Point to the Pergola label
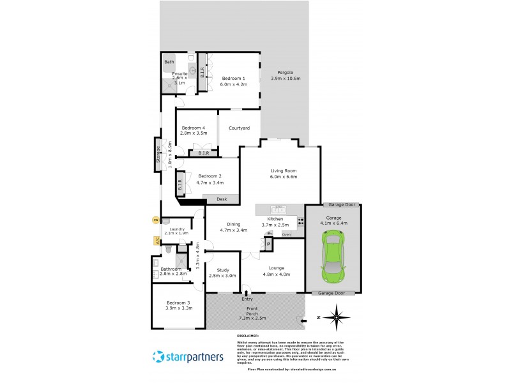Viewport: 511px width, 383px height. (285, 75)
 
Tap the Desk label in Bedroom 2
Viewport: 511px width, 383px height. (222, 199)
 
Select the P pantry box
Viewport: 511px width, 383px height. (269, 244)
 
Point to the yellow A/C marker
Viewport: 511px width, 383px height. (156, 241)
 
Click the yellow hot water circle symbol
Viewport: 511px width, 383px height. (155, 220)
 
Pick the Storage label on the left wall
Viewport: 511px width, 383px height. (158, 156)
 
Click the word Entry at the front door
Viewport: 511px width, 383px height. (247, 299)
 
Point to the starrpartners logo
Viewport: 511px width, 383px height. (188, 356)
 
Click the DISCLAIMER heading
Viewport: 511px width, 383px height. (247, 335)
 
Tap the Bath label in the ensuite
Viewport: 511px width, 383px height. (169, 62)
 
